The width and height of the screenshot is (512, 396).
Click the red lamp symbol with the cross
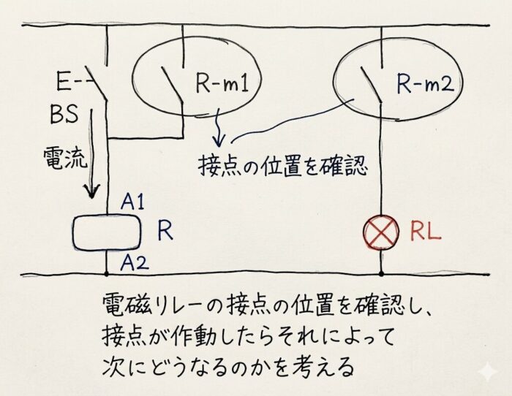(382, 233)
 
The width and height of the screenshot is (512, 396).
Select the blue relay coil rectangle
(107, 232)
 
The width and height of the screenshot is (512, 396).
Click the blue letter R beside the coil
(166, 232)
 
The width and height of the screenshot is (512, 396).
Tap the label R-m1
(222, 85)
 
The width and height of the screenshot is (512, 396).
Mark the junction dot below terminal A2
(108, 275)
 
